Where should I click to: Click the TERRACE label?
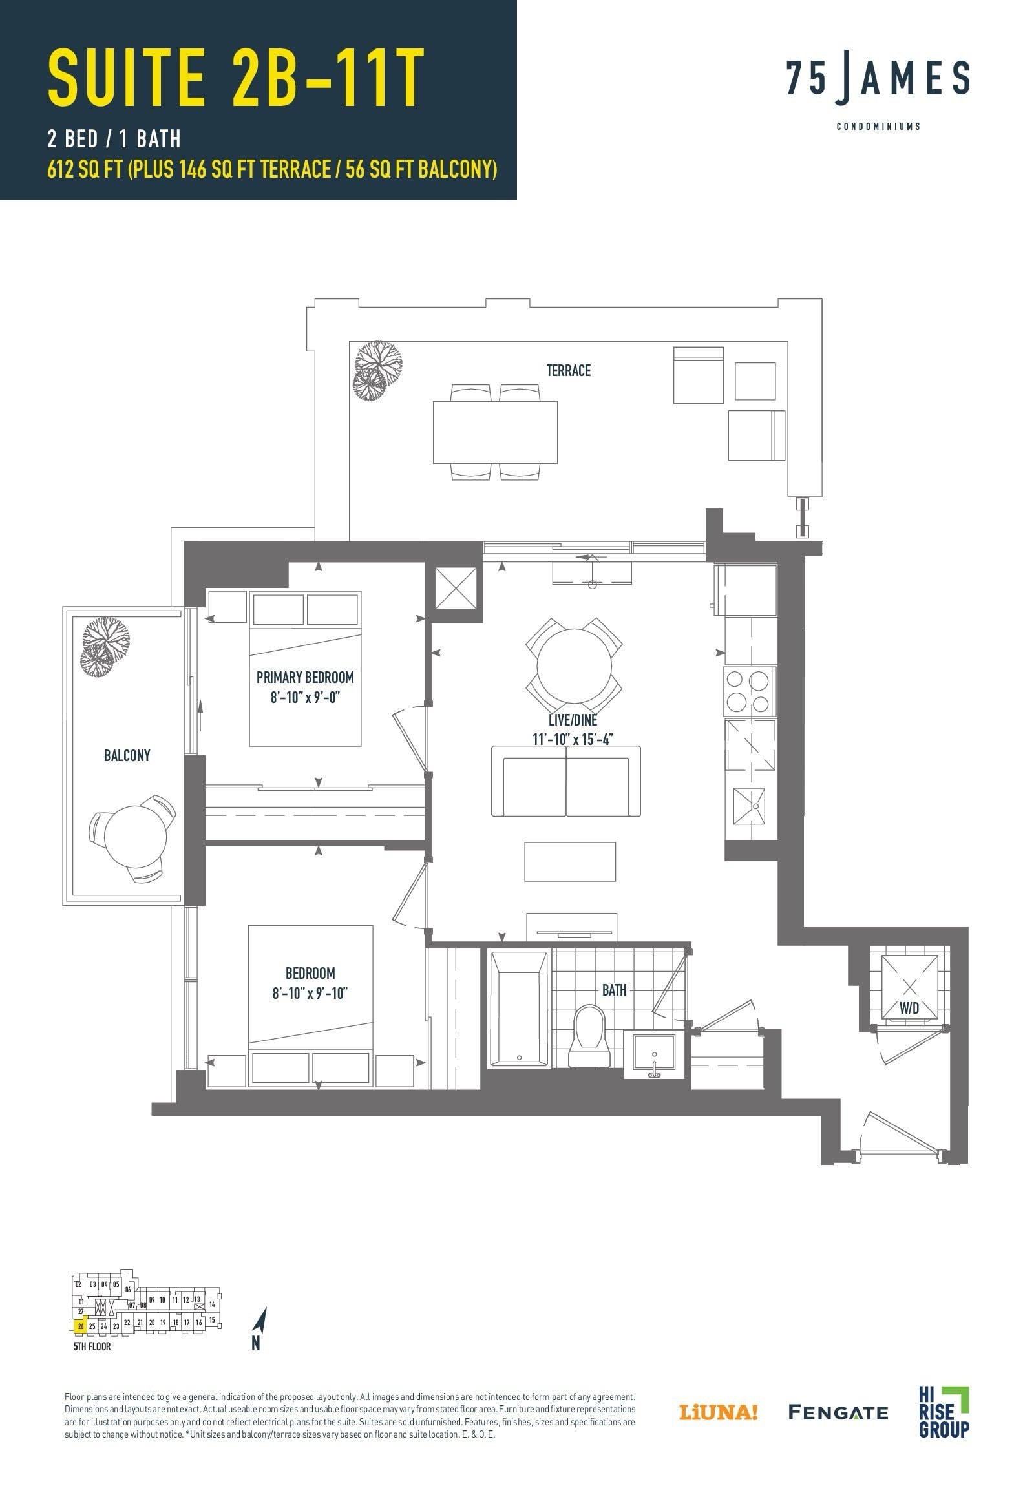coord(568,370)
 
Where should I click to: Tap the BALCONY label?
coord(127,755)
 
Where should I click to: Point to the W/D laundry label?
coord(909,1008)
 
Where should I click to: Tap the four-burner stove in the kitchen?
coord(748,691)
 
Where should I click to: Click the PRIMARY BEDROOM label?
coord(305,677)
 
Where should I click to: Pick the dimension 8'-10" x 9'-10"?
coord(310,993)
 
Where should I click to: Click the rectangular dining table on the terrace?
coord(494,432)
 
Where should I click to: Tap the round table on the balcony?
coord(134,836)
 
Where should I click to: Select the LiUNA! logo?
coord(717,1412)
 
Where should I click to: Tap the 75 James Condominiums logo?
coord(878,90)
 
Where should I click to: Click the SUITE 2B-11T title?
coord(237,78)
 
